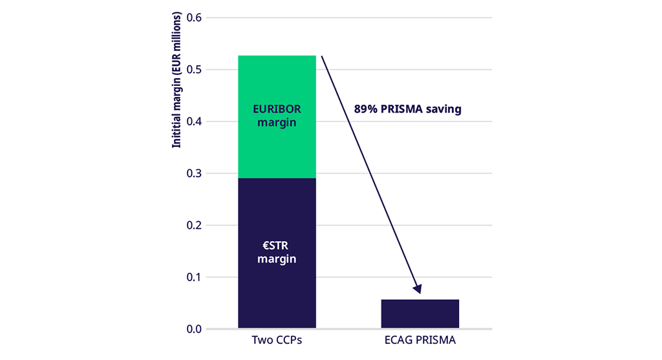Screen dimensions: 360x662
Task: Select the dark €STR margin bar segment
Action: click(277, 284)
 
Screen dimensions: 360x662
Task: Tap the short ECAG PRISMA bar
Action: click(420, 313)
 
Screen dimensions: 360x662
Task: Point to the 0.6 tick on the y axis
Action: click(193, 17)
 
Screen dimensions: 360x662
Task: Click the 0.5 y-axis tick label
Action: click(193, 70)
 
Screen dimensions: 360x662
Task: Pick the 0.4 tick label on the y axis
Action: click(193, 122)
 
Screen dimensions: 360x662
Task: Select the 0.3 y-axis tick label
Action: click(193, 174)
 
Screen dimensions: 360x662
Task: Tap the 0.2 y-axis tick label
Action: click(193, 226)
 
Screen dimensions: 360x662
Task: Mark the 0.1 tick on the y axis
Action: click(193, 278)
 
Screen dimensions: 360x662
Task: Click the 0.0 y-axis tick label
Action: click(193, 330)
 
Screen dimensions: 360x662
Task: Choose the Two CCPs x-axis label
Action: click(277, 341)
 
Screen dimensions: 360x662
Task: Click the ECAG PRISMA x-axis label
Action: click(420, 341)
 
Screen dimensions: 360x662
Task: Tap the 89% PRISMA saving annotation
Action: click(407, 109)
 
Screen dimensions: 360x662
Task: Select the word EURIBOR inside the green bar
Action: click(277, 109)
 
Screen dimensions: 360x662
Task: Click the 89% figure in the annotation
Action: click(366, 109)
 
